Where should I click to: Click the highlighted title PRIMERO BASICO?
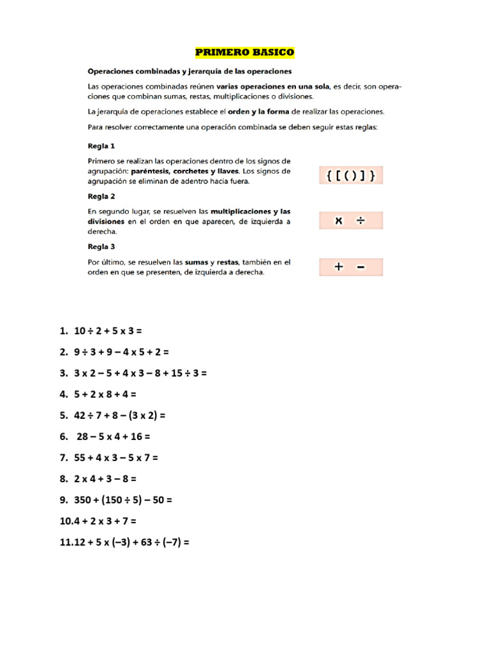(245, 52)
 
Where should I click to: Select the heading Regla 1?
(101, 146)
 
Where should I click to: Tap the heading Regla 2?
(101, 196)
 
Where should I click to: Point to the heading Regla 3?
(101, 247)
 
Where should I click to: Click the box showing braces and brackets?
(350, 175)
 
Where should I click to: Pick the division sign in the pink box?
(360, 220)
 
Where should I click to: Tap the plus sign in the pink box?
(338, 267)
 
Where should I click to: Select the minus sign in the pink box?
(361, 267)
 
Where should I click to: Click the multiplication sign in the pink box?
(339, 220)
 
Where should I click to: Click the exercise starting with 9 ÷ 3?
(121, 352)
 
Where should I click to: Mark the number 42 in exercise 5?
(80, 415)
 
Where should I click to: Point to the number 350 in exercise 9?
(84, 500)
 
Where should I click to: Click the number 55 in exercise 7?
(80, 457)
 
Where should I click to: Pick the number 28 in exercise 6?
(83, 436)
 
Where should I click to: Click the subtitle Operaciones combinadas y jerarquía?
(189, 71)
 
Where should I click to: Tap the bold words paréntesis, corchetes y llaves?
(185, 171)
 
